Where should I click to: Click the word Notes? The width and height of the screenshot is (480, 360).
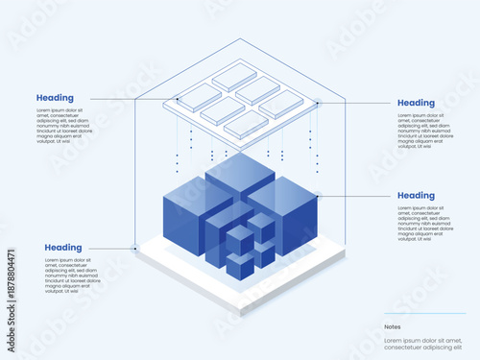pyautogui.click(x=392, y=326)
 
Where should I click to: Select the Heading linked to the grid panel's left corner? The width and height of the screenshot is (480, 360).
pyautogui.click(x=55, y=98)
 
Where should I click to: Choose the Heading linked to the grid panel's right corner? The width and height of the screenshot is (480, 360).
pyautogui.click(x=416, y=103)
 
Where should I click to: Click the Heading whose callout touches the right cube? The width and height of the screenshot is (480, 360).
pyautogui.click(x=416, y=196)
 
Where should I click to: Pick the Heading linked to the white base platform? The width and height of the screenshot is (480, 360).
pyautogui.click(x=63, y=248)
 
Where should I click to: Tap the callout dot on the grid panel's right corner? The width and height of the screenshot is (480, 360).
pyautogui.click(x=318, y=102)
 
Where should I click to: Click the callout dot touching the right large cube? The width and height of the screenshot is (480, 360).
pyautogui.click(x=317, y=196)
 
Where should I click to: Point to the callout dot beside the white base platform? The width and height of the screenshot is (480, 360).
pyautogui.click(x=135, y=248)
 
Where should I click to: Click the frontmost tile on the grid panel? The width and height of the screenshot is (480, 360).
pyautogui.click(x=246, y=123)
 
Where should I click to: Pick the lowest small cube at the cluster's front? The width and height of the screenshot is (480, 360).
pyautogui.click(x=240, y=266)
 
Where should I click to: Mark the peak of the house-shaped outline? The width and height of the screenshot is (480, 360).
pyautogui.click(x=240, y=39)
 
